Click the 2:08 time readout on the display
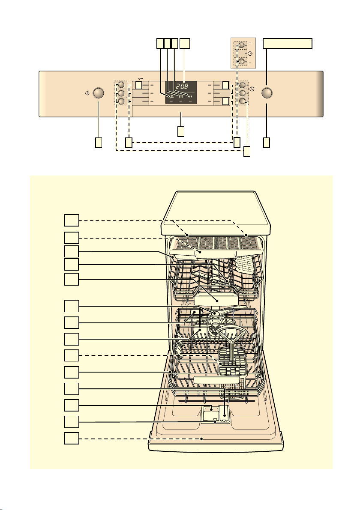point(182,87)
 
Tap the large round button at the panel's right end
point(267,93)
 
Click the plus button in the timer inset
point(242,45)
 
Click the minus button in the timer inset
point(242,61)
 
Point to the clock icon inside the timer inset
point(250,54)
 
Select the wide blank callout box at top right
point(288,43)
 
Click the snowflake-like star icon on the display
point(190,96)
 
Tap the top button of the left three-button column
point(121,84)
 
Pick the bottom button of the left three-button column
point(121,101)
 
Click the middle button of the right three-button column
point(242,93)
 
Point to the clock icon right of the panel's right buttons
point(252,89)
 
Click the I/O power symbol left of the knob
point(87,93)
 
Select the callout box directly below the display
point(181,131)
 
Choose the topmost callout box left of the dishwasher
point(71,220)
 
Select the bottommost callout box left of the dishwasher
point(71,438)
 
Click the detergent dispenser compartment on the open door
point(215,415)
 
